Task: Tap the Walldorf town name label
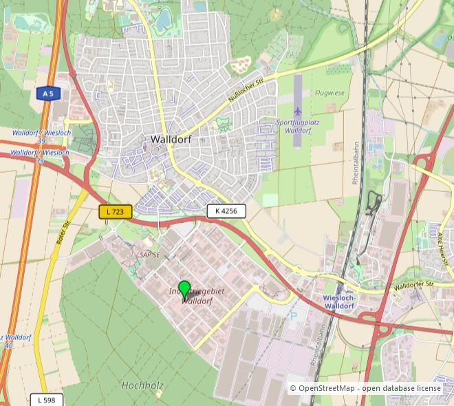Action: (x=170, y=139)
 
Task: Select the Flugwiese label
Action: (x=328, y=92)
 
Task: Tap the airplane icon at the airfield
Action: (x=298, y=111)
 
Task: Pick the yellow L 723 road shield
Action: (x=116, y=212)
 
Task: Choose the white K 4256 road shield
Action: (x=226, y=211)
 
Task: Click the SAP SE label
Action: (x=149, y=255)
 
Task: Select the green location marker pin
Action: (x=184, y=289)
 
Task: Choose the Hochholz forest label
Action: (x=142, y=385)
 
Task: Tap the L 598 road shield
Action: (x=47, y=400)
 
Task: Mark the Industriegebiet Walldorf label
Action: (x=197, y=297)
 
